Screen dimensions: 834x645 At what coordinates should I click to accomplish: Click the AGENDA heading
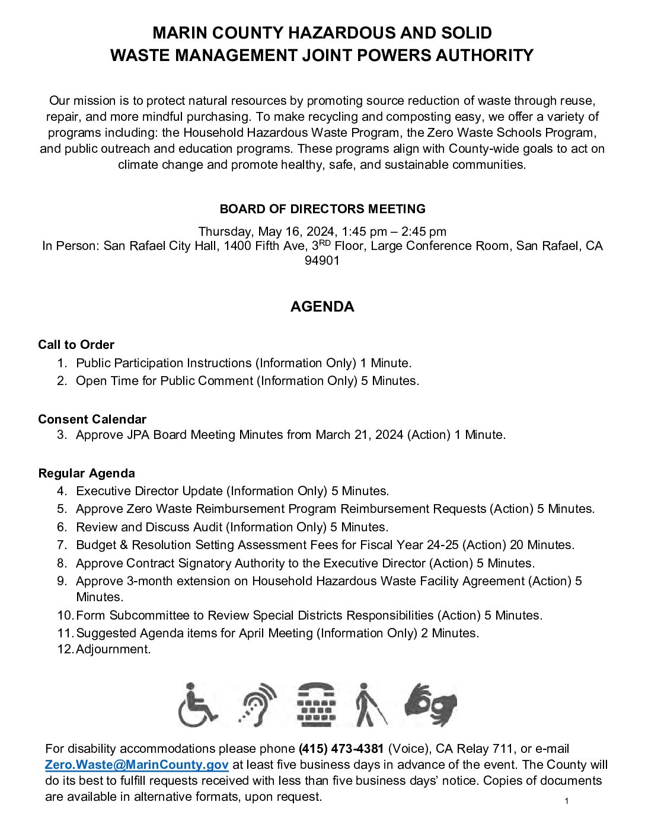coord(322,306)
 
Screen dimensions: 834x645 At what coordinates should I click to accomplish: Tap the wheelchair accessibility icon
coord(197,705)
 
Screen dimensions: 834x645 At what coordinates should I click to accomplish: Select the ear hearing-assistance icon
coord(258,705)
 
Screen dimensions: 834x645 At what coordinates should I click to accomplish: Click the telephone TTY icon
coord(316,705)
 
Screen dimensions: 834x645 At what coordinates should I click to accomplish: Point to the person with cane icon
coord(370,705)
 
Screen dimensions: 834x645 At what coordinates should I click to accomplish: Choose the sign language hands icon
coord(431,704)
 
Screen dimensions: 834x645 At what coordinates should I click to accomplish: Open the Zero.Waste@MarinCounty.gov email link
coord(137,765)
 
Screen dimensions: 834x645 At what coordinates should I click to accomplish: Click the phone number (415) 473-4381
coord(341,749)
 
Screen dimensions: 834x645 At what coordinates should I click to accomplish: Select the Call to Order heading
coord(76,345)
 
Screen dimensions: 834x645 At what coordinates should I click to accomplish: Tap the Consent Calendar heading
coord(92,419)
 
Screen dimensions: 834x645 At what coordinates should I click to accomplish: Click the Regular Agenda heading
coord(87,473)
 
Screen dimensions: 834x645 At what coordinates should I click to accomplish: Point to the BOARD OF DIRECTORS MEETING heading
coord(322,209)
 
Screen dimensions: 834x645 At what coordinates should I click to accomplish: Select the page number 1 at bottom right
coord(567,801)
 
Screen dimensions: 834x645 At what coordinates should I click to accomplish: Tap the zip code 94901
coord(322,261)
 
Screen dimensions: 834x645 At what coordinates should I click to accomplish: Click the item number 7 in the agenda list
coord(62,545)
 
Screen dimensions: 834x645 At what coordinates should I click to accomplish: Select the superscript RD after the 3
coord(325,242)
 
